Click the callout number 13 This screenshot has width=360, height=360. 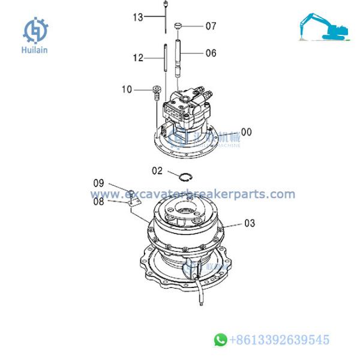click(138, 17)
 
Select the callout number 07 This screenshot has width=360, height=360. click(211, 26)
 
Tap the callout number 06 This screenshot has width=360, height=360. click(211, 53)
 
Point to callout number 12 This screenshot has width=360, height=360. click(139, 58)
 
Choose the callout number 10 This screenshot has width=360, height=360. click(127, 90)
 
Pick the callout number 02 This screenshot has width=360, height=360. click(157, 171)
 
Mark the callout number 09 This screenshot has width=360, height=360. click(98, 182)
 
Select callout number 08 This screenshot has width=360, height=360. click(98, 202)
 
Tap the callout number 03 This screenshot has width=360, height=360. click(249, 223)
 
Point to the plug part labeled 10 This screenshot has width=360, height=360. click(157, 92)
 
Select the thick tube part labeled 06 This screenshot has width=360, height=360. click(178, 54)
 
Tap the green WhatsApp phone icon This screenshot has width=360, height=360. click(221, 340)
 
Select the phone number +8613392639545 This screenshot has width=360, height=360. click(279, 340)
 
